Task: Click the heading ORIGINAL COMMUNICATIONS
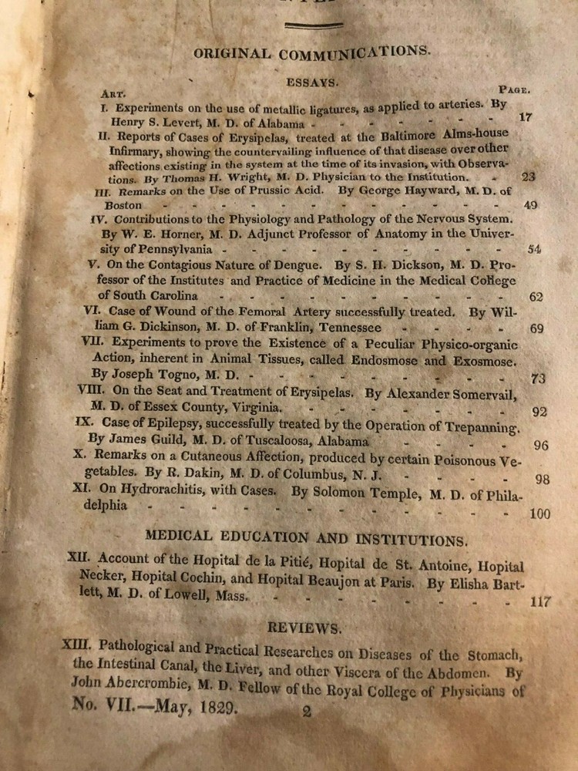311,53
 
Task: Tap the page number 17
526,118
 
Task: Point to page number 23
529,177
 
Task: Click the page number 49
530,206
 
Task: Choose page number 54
533,249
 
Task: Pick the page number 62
536,297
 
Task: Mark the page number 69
537,329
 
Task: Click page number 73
539,378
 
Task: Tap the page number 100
539,514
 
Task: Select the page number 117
541,602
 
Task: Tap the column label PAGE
512,89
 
